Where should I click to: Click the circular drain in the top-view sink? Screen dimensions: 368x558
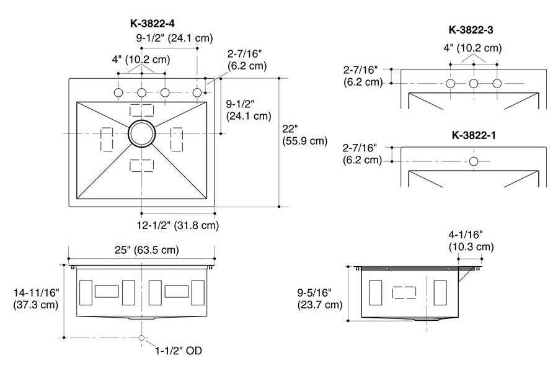(x=142, y=134)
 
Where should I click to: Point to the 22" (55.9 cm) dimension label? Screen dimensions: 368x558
(x=304, y=135)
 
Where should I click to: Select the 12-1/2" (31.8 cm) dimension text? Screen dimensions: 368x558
(x=177, y=225)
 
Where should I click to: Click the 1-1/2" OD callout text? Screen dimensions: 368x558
(x=178, y=350)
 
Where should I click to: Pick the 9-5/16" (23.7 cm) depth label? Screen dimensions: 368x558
(x=320, y=298)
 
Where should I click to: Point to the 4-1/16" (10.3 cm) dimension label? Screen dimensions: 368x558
(x=471, y=241)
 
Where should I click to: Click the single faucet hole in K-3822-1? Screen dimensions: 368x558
(x=474, y=161)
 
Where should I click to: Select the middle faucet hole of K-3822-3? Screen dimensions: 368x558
(x=474, y=83)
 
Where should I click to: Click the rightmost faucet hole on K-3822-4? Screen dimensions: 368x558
(x=197, y=92)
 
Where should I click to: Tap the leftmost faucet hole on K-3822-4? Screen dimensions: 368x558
(x=118, y=92)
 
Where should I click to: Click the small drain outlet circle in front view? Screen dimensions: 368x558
(x=142, y=338)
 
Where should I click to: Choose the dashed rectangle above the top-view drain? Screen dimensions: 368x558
(x=141, y=110)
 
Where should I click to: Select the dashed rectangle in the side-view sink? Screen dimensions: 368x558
(x=407, y=292)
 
